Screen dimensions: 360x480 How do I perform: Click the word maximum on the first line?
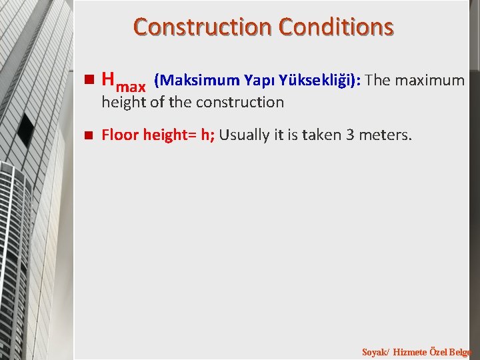point(431,81)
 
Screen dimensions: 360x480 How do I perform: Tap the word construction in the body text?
point(242,103)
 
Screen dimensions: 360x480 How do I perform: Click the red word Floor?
point(119,135)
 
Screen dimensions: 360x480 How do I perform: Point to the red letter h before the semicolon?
point(204,135)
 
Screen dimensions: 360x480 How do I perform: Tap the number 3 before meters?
point(350,135)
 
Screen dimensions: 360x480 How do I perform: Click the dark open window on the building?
point(25,129)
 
